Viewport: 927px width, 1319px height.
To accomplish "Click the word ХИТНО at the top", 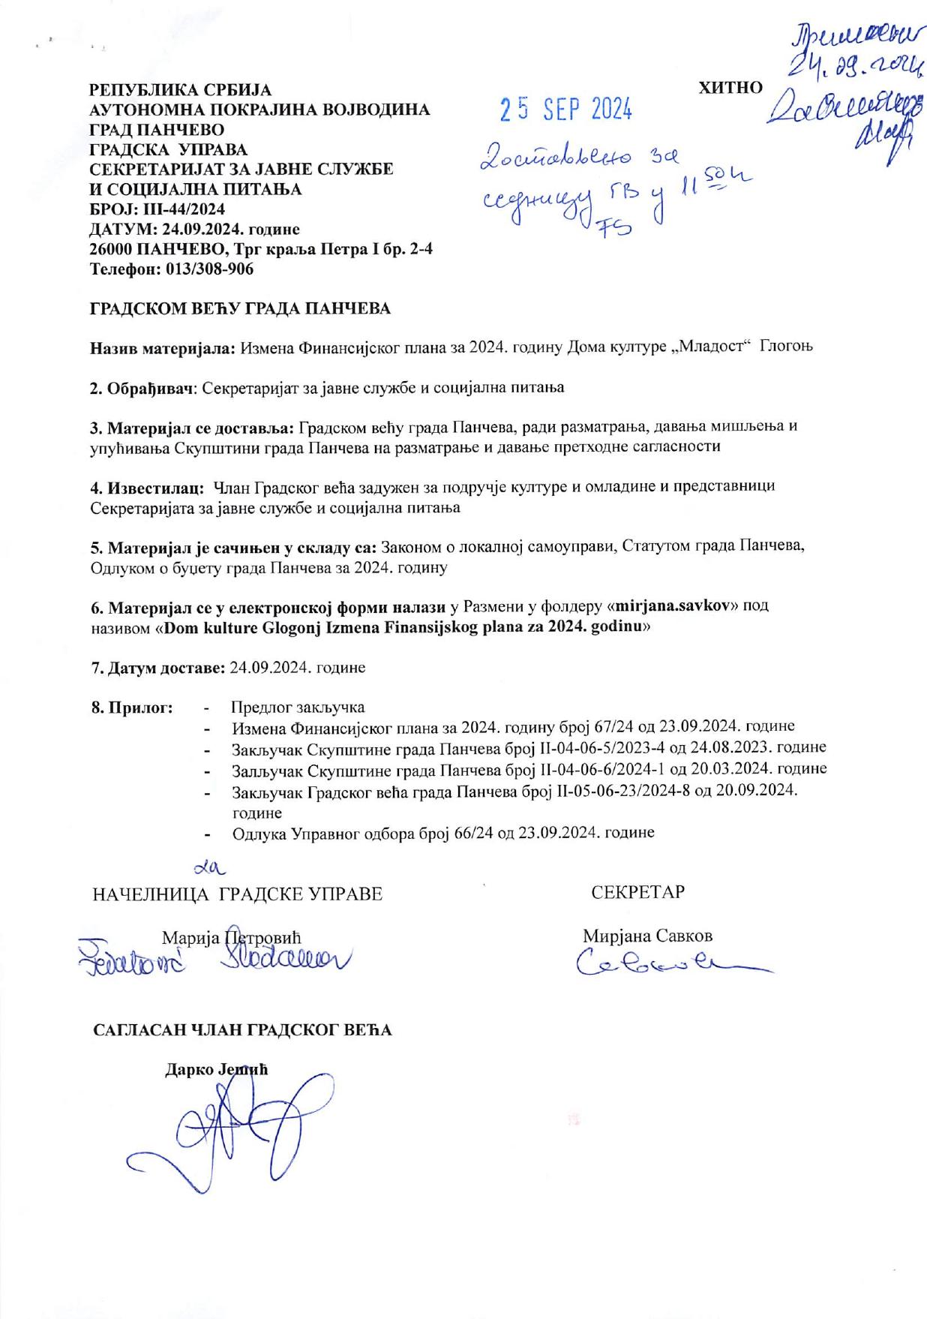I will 730,87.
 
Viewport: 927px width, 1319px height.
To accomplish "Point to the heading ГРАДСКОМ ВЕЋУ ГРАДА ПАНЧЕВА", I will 241,308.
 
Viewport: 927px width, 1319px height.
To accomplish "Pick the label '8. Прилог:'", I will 132,707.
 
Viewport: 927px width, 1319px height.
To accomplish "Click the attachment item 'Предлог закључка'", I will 298,707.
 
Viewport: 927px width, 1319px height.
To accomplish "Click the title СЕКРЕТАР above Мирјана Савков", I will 637,892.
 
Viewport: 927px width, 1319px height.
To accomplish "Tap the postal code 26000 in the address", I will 112,248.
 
